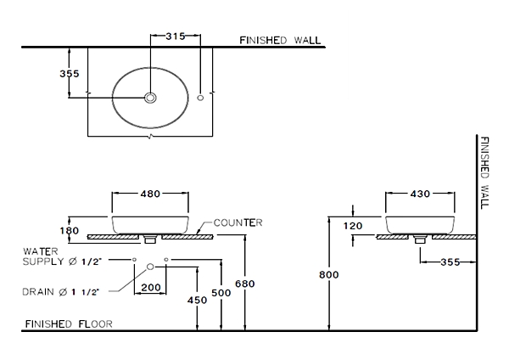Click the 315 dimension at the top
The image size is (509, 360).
tap(176, 36)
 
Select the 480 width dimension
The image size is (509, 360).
tap(150, 194)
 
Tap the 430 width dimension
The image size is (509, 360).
tap(420, 194)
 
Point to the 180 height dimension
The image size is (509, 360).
tap(70, 231)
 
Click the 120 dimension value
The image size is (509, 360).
tap(353, 226)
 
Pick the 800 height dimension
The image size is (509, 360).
tap(329, 275)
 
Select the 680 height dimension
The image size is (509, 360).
tap(245, 284)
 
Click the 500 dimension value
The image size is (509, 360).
tap(221, 293)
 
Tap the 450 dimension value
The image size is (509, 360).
tap(197, 301)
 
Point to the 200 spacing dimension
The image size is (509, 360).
tap(151, 288)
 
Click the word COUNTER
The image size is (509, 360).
tap(238, 223)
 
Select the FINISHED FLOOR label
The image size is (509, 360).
tap(69, 324)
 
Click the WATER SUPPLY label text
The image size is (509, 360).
tap(62, 256)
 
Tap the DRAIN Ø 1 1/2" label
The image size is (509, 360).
tap(60, 292)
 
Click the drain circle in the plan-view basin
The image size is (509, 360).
tap(150, 98)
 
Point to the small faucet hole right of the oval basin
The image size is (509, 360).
tap(200, 98)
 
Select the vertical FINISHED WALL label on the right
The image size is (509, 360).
tap(484, 173)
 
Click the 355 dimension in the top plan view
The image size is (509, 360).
tap(70, 74)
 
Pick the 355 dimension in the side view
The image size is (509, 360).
tap(450, 262)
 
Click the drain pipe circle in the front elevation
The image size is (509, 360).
tap(150, 267)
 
